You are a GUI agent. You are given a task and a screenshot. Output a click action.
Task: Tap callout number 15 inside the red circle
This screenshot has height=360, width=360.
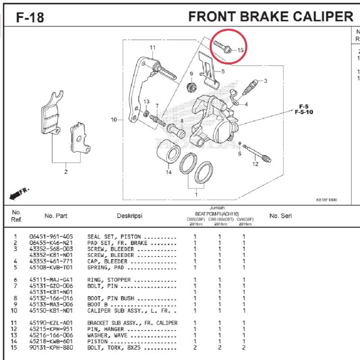(x=240, y=50)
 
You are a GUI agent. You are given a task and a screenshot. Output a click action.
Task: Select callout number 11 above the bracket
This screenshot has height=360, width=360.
(x=153, y=48)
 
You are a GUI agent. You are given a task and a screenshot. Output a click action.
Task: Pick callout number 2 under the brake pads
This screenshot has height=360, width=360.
(x=66, y=171)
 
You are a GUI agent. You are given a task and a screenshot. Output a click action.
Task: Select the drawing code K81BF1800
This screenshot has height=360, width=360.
(x=326, y=200)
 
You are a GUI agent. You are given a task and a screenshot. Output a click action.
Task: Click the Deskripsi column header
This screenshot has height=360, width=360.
(x=130, y=216)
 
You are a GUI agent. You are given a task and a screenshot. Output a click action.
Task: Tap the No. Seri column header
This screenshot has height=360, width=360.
(x=280, y=216)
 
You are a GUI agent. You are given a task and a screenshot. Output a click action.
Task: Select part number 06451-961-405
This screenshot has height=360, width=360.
(x=51, y=237)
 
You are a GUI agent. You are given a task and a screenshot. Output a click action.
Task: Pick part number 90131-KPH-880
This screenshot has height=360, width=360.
(x=51, y=347)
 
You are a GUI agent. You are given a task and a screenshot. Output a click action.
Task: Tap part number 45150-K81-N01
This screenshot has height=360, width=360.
(x=51, y=310)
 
